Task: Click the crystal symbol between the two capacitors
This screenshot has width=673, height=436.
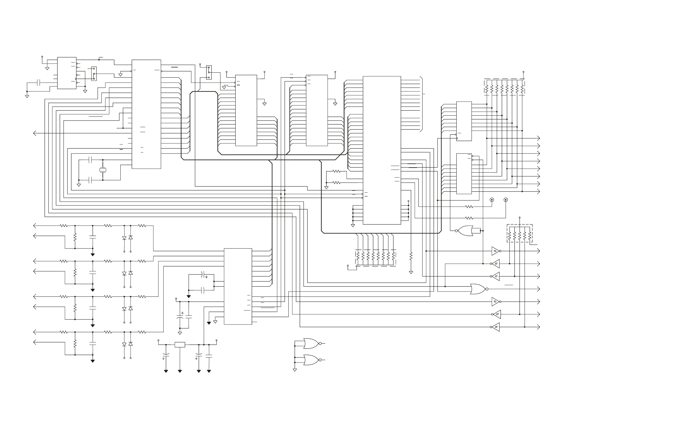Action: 103,170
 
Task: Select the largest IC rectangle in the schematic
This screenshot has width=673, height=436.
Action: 382,150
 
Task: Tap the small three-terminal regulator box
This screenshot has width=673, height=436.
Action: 180,345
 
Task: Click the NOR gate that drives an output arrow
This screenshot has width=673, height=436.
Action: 478,289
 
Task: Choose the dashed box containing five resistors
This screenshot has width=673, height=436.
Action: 519,234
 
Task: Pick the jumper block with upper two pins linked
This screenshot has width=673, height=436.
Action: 209,72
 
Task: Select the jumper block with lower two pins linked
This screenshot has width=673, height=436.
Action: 94,73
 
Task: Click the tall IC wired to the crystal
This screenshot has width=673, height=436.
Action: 146,114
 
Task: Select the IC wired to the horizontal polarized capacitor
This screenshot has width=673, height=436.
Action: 238,286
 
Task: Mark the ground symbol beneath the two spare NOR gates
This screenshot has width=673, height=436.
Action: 295,370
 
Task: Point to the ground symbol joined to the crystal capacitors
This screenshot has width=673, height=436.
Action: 79,185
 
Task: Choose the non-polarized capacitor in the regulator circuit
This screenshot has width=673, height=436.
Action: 209,358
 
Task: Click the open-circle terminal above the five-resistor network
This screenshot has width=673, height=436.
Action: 519,217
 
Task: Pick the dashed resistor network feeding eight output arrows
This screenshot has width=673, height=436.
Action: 504,87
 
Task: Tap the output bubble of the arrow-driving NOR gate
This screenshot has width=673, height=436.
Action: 487,289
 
